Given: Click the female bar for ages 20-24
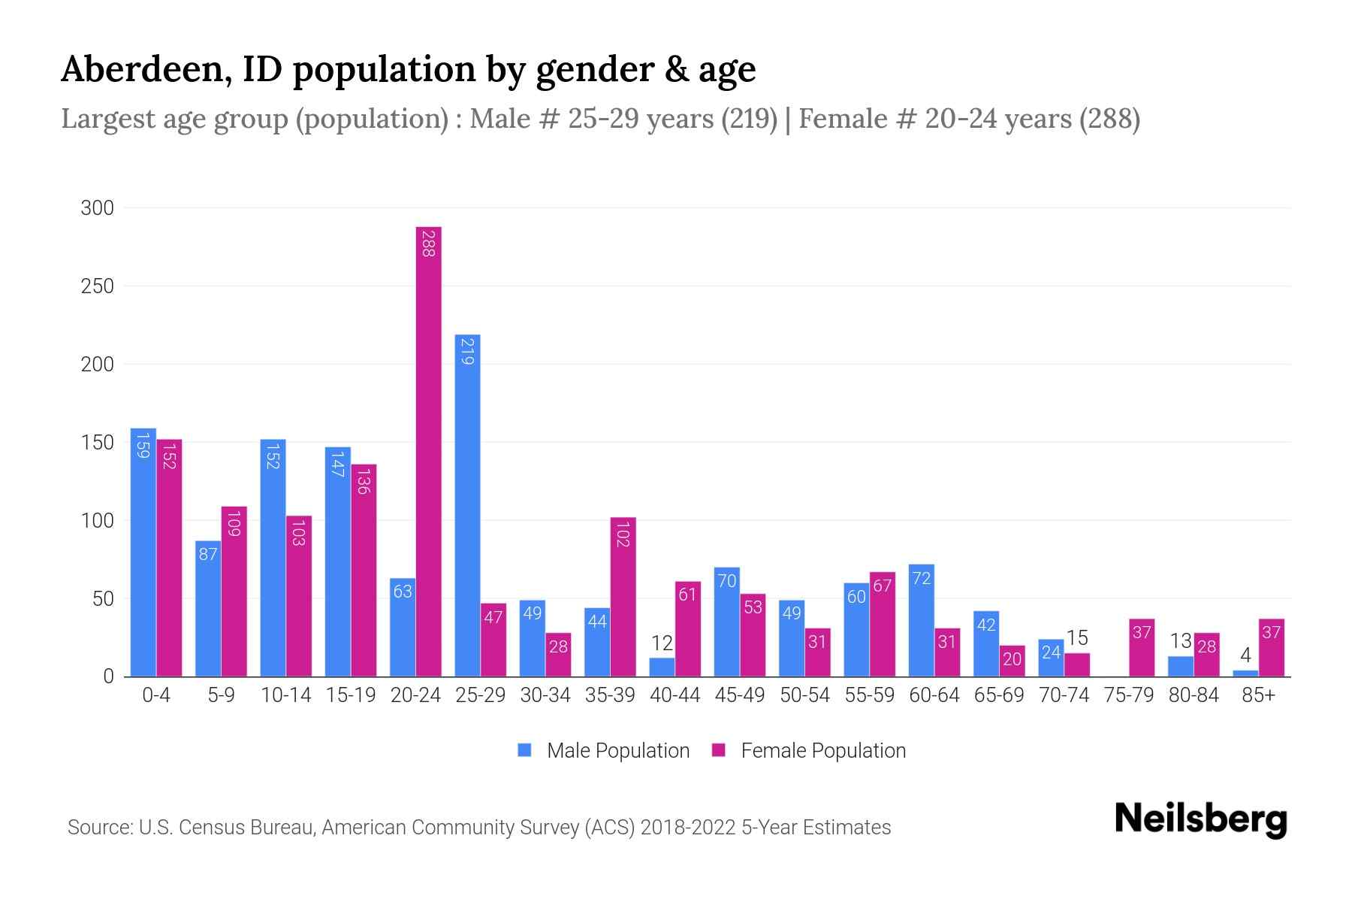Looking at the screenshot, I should pyautogui.click(x=428, y=451).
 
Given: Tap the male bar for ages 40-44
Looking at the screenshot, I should pyautogui.click(x=662, y=667).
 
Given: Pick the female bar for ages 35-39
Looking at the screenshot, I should pyautogui.click(x=623, y=597).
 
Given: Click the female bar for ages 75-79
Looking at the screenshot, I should pyautogui.click(x=1142, y=648).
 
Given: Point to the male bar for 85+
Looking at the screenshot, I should pyautogui.click(x=1245, y=673).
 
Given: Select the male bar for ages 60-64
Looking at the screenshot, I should pyautogui.click(x=921, y=620).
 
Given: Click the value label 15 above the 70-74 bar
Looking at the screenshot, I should pyautogui.click(x=1077, y=638).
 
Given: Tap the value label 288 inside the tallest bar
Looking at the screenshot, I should pyautogui.click(x=428, y=244).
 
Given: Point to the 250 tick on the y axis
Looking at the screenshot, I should pyautogui.click(x=97, y=286).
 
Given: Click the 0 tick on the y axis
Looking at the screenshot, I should pyautogui.click(x=108, y=676).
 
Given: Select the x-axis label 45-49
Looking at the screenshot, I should pyautogui.click(x=739, y=695).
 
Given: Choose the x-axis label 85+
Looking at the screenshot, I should pyautogui.click(x=1258, y=695).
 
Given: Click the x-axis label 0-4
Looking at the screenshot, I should pyautogui.click(x=156, y=695).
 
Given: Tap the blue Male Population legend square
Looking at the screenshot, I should pyautogui.click(x=524, y=750).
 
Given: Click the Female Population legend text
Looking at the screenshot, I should pyautogui.click(x=822, y=750).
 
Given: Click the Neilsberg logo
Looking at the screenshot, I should pyautogui.click(x=1200, y=819).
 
